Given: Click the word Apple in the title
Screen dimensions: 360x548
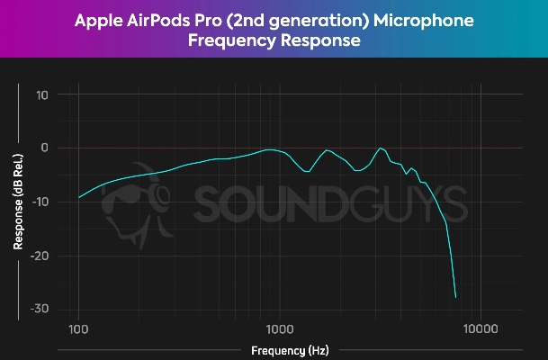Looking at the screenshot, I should tap(100, 20).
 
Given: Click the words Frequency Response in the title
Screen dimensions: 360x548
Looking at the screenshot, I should tap(274, 41).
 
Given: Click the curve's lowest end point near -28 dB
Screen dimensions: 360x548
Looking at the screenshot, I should tap(456, 297).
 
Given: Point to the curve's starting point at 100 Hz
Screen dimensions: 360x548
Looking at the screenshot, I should tap(79, 197).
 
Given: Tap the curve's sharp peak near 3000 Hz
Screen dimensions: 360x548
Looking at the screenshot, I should tap(382, 148).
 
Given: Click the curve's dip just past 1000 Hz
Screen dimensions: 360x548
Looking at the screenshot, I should tap(307, 171).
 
